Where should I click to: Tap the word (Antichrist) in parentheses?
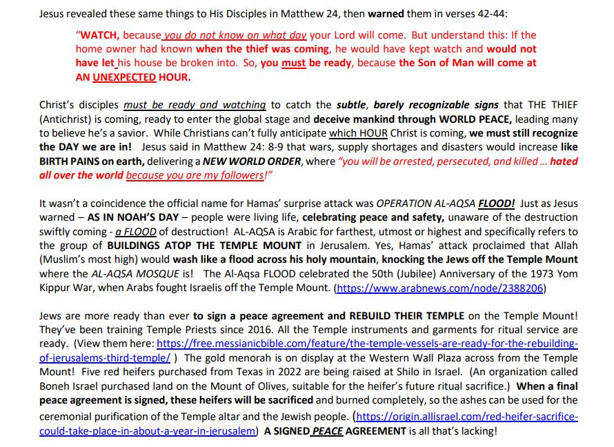(x=66, y=119)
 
